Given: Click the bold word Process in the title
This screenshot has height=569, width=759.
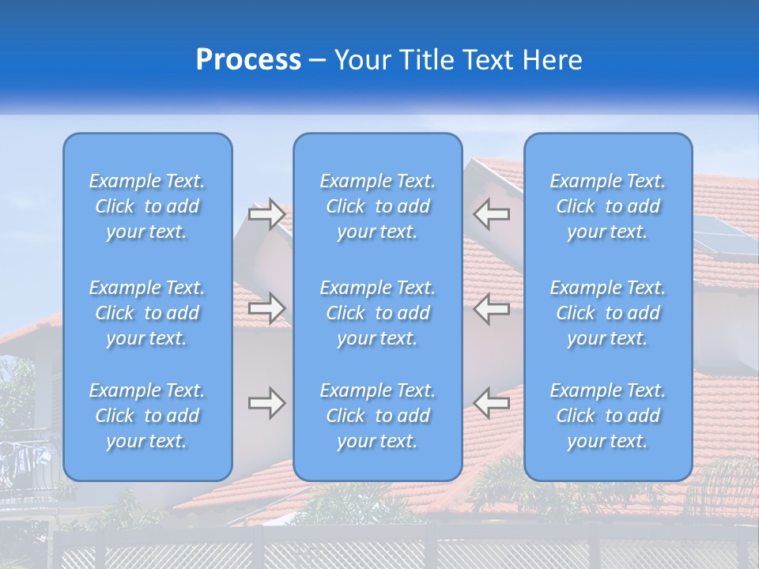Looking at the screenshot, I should [248, 60].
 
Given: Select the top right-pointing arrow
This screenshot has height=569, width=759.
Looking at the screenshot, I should [267, 214].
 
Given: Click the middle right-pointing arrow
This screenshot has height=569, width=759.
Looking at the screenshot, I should [267, 308].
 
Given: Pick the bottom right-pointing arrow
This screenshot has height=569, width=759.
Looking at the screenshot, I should [267, 403].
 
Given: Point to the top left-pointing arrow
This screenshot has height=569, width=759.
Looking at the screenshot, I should [491, 214].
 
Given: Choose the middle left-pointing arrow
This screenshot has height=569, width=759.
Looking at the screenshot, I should [491, 308].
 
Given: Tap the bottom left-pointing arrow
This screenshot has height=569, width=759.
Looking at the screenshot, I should [491, 403].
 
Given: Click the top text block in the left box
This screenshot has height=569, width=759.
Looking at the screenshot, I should [147, 206].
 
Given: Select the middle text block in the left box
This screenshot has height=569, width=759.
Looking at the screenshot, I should [147, 313].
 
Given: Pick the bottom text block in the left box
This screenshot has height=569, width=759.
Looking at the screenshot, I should [147, 416].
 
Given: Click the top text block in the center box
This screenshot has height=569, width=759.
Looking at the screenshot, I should [378, 206].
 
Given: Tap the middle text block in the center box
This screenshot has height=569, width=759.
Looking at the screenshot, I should [378, 313].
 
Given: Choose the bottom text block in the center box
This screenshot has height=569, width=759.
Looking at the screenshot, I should [378, 416].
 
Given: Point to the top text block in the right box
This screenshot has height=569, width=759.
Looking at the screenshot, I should [608, 206].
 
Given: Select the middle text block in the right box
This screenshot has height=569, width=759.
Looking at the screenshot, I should [608, 313].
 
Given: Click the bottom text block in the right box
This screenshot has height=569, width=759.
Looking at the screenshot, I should [608, 416].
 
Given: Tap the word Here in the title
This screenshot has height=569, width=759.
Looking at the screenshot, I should [553, 60].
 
